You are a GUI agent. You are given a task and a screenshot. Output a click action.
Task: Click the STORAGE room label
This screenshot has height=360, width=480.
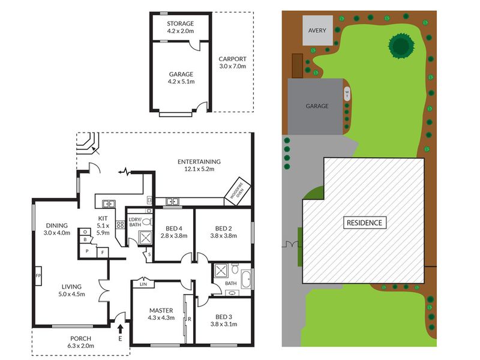pos(181,23)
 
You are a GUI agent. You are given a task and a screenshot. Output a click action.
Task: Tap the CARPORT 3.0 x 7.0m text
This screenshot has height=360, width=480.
pos(232,62)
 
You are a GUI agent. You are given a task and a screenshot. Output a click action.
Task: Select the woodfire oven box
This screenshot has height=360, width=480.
pos(238,191)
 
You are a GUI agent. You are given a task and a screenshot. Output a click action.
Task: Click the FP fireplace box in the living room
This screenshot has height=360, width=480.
pos(38,276)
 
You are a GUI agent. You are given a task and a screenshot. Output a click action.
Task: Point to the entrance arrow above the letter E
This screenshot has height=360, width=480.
pos(121,329)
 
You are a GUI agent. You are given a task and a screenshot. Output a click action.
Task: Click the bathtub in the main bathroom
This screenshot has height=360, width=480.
pos(246,279)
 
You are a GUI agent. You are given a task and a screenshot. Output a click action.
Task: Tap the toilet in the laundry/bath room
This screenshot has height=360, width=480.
pos(147,221)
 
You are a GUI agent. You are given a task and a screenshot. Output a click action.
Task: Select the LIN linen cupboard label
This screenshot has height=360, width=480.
pos(143,284)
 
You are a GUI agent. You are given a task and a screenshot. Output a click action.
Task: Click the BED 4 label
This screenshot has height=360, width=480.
pos(174,229)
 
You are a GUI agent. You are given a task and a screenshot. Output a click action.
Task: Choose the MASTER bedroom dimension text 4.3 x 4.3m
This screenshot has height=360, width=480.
pos(161,318)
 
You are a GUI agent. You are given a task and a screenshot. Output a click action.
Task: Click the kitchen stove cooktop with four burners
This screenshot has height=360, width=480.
pos(121,225)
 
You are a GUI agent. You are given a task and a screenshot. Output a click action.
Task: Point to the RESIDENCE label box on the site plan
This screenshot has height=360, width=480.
pos(364,223)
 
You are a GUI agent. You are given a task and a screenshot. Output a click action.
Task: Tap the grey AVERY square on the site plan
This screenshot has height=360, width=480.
pos(317,31)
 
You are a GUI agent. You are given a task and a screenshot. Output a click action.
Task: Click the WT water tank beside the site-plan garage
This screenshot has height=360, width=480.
pos(347,94)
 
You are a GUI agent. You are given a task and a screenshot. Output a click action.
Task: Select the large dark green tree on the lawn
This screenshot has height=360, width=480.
pos(401,46)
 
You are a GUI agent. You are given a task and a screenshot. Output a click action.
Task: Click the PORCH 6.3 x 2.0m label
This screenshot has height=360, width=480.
pos(81,342)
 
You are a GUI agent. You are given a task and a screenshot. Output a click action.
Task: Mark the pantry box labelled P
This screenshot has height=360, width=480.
pos(87,251)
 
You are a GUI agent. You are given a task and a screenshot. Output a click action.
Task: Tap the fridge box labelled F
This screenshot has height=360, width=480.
pos(103,253)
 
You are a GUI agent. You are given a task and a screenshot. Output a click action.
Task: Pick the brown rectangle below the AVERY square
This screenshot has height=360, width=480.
pos(297,66)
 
